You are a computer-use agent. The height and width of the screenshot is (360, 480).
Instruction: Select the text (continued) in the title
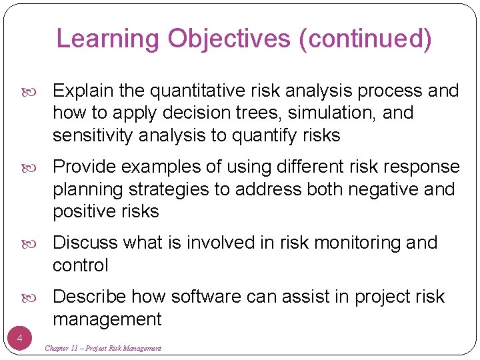click(x=366, y=39)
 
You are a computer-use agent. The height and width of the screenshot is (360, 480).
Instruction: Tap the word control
click(x=80, y=265)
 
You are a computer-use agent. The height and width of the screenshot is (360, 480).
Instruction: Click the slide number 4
click(x=19, y=339)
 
